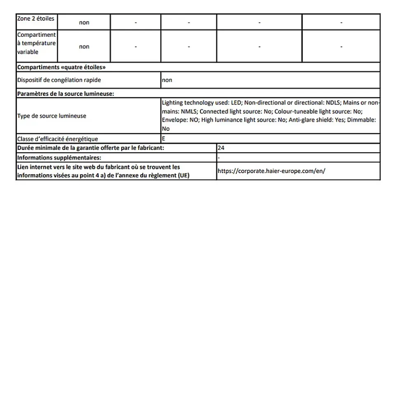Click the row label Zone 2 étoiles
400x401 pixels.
pyautogui.click(x=35, y=19)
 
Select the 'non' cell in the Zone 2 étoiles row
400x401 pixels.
pyautogui.click(x=84, y=23)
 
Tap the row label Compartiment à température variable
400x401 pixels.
pyautogui.click(x=36, y=43)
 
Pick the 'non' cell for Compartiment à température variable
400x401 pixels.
pyautogui.click(x=84, y=47)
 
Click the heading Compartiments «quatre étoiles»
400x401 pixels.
pyautogui.click(x=64, y=67)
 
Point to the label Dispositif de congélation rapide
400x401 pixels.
pyautogui.click(x=59, y=80)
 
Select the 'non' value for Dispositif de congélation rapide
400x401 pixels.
pyautogui.click(x=167, y=80)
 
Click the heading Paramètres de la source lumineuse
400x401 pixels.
pyautogui.click(x=66, y=94)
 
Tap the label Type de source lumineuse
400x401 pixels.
pyautogui.click(x=52, y=116)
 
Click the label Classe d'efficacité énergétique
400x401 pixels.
pyautogui.click(x=57, y=139)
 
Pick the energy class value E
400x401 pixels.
pyautogui.click(x=164, y=139)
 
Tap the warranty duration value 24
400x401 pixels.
pyautogui.click(x=221, y=148)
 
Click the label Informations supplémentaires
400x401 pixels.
pyautogui.click(x=59, y=157)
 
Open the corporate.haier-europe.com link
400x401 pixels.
pyautogui.click(x=271, y=171)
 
